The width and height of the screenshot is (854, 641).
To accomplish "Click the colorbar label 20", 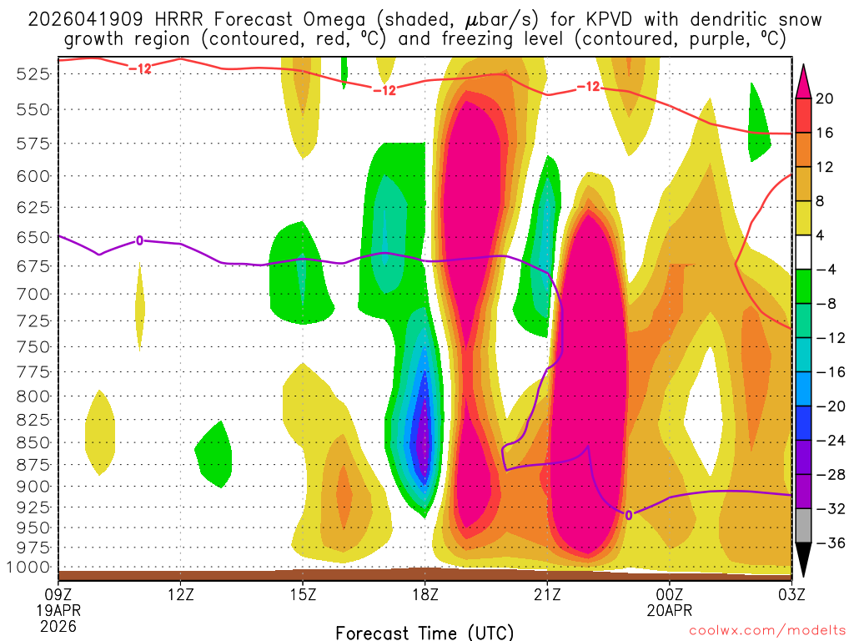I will coord(825,98).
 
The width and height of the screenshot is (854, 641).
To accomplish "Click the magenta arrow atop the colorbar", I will coord(804,81).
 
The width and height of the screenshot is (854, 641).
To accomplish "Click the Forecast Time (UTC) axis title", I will coord(424,632).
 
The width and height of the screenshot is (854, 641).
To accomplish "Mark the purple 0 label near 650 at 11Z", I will coord(139,240).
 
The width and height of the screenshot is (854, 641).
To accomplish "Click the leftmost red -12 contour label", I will coord(140,68).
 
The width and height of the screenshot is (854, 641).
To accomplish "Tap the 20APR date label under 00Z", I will coord(669,610).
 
